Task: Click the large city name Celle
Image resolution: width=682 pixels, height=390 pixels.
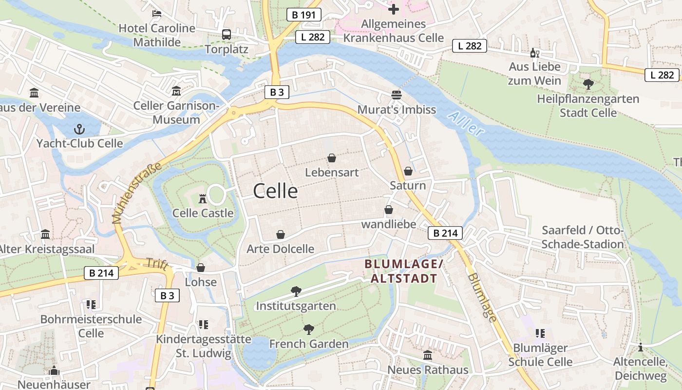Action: [275, 191]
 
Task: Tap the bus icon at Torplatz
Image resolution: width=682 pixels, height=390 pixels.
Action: [227, 34]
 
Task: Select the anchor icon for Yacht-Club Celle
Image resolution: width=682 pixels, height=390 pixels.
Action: [79, 129]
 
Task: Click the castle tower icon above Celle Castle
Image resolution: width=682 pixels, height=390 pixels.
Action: [203, 198]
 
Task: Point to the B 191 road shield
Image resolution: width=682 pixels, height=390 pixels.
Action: [304, 15]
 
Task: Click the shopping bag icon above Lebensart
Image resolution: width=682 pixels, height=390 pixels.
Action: [332, 158]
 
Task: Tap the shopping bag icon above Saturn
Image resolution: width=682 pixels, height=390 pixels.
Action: [408, 171]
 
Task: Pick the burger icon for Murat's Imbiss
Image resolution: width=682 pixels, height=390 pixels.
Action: [397, 95]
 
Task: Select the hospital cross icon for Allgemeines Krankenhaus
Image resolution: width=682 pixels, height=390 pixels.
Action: [394, 9]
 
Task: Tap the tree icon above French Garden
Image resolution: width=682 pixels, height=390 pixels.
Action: [308, 330]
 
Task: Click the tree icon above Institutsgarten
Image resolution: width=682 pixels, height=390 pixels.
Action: [296, 292]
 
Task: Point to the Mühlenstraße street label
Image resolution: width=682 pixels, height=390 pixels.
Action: [137, 193]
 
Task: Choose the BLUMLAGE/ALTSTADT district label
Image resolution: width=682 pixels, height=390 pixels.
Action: [404, 271]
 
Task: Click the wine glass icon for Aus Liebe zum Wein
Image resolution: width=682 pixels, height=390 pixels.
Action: [534, 53]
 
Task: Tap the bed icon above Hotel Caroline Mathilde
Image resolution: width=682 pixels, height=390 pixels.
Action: [157, 13]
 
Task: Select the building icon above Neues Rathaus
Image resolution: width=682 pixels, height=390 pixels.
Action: [428, 355]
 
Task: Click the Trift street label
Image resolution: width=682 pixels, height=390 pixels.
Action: [157, 265]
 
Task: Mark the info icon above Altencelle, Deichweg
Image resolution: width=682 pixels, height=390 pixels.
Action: [641, 347]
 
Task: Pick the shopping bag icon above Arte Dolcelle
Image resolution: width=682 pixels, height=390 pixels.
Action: [281, 234]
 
